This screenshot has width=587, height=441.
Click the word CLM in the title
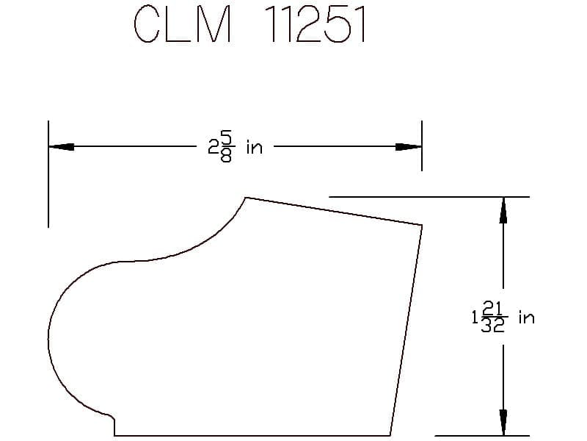coord(182,24)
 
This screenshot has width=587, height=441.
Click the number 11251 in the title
coord(315,24)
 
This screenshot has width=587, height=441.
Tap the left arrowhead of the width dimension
coord(61,146)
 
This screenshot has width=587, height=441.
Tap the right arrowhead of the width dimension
coord(409,146)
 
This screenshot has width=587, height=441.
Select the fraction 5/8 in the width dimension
coord(226,146)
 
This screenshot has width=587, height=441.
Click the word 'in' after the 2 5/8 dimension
coord(255,147)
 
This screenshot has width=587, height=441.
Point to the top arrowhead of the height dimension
coord(503,210)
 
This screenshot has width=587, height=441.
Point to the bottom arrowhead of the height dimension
coord(503,423)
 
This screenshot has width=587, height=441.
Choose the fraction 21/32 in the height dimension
coord(493,317)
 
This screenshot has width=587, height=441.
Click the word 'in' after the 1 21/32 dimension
coord(526,318)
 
